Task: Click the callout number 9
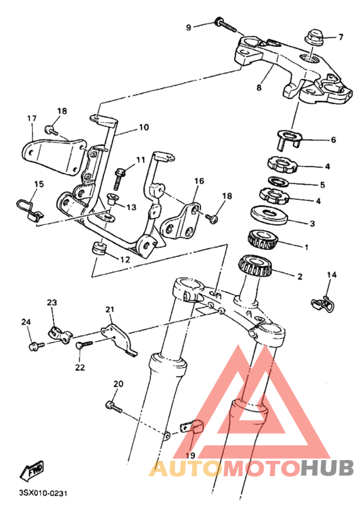click(188, 28)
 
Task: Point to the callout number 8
click(258, 87)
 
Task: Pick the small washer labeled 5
click(280, 181)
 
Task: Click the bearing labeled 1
click(263, 239)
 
